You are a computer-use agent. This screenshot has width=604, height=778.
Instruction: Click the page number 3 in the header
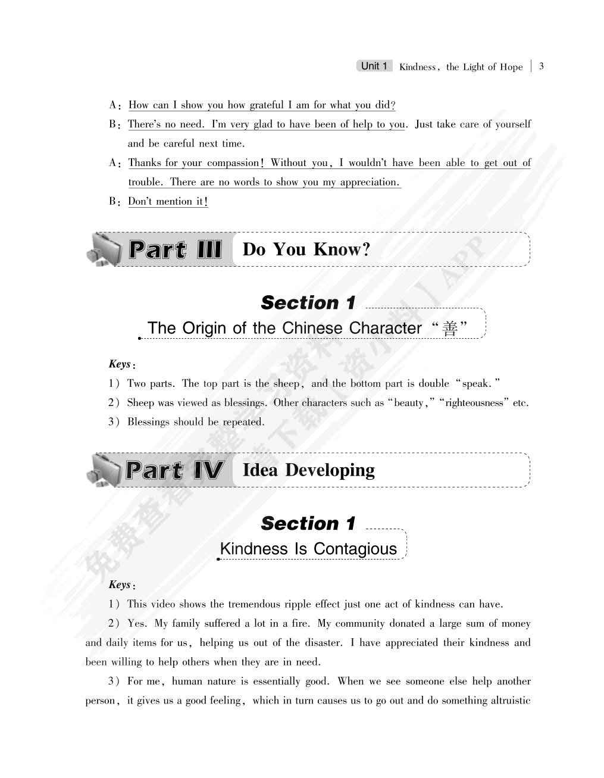point(541,67)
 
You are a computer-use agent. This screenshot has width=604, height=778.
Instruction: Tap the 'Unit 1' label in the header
point(374,66)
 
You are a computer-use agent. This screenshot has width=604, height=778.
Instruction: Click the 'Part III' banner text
point(175,249)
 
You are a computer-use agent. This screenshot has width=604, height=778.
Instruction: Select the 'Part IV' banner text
point(174,470)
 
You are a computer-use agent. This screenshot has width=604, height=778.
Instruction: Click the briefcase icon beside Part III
point(102,249)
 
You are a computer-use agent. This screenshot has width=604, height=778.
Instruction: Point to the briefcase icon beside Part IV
point(102,470)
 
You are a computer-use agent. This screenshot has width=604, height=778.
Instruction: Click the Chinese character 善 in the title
point(450,329)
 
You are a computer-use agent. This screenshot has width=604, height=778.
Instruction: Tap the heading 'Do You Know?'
point(306,249)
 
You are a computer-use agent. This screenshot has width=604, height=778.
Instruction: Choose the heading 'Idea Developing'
point(308,470)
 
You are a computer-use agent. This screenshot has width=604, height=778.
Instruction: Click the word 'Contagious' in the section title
point(355,549)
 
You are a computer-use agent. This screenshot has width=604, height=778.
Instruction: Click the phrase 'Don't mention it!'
point(168,202)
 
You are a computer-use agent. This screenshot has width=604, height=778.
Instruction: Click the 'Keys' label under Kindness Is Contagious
point(120,585)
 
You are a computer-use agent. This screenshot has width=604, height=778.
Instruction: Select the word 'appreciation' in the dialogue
point(369,183)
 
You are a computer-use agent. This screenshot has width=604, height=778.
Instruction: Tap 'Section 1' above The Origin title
point(308,303)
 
